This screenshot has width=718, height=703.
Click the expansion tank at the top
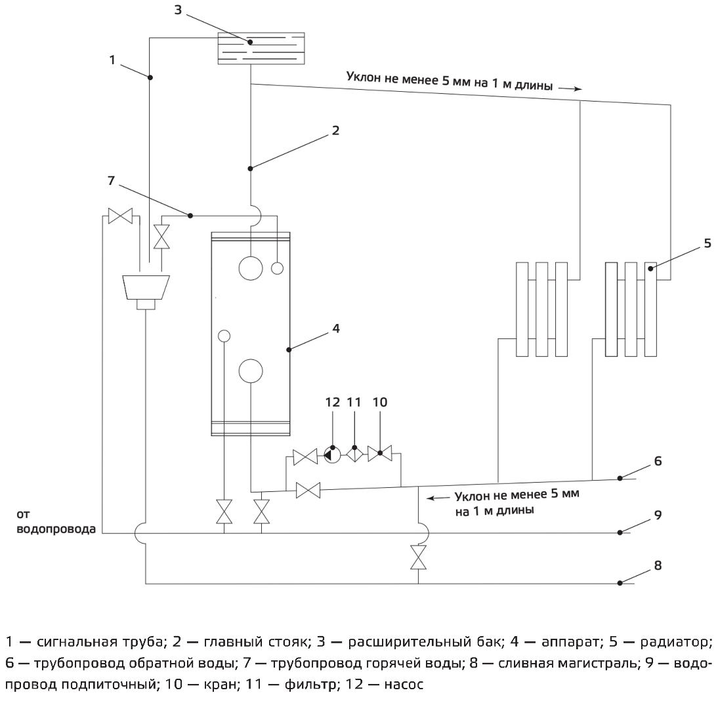[261, 48]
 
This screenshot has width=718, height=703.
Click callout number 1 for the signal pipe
[112, 60]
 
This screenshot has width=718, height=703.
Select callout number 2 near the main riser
[335, 131]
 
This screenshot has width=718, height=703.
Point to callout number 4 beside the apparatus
[335, 327]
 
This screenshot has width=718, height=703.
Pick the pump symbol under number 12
[333, 454]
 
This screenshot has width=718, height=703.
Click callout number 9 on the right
[658, 516]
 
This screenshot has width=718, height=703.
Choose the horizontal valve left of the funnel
[121, 216]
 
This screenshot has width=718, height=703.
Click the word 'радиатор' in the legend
[679, 641]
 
